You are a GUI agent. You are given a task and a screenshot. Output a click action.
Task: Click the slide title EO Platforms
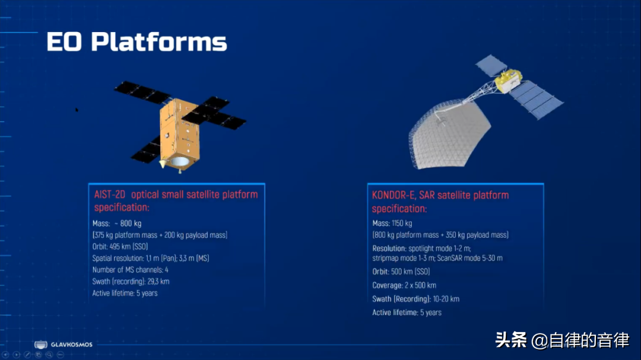pos(137,42)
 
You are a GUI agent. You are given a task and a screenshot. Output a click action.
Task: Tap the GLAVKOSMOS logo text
pos(72,345)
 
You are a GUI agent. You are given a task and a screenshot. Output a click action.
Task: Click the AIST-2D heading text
pos(176,200)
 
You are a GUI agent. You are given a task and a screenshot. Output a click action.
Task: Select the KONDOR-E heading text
pos(440,202)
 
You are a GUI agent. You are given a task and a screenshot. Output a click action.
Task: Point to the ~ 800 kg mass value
pos(128,224)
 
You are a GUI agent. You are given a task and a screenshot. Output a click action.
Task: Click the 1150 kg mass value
pos(402,223)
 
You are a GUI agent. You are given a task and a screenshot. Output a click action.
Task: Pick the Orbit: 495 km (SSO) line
pos(120,246)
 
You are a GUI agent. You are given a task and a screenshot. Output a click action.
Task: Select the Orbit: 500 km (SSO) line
pos(401,272)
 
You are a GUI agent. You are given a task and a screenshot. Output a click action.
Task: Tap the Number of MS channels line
pos(131,270)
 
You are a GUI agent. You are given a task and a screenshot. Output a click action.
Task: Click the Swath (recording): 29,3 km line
pos(131,282)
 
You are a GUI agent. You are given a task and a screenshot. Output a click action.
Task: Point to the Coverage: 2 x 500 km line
pos(404,285)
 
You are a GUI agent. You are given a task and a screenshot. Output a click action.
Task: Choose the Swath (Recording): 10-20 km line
pos(415,299)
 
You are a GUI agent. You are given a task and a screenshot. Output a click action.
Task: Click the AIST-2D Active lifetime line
pos(125,293)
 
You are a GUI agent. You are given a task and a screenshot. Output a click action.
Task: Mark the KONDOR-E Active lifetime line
pos(407,313)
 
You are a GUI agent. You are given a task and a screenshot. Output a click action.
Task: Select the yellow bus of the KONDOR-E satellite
pos(509,80)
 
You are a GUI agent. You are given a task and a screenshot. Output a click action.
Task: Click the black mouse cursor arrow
pos(77,110)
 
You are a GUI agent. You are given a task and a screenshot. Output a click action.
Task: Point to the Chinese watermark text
pos(562,340)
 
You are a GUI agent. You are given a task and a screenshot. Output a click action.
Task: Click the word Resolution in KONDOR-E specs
pos(389,249)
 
